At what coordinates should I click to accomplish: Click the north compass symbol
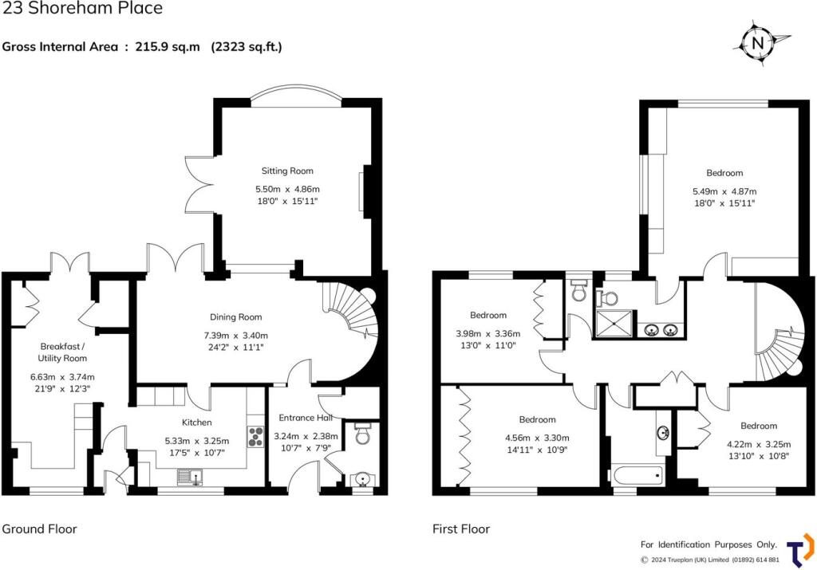(x=757, y=42)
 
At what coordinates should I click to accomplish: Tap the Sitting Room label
(x=287, y=171)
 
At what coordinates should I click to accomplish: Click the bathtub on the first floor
(x=637, y=476)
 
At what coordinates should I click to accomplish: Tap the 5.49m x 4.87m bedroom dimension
(x=724, y=191)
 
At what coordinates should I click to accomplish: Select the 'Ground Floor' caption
(x=39, y=529)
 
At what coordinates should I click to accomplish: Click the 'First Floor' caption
(x=461, y=529)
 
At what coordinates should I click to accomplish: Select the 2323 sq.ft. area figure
(x=247, y=46)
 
